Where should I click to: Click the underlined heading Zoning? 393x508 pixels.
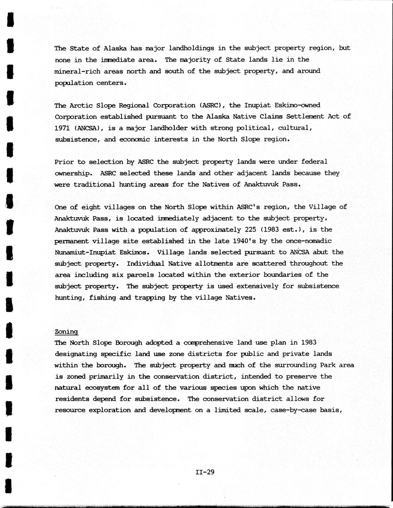click(66, 332)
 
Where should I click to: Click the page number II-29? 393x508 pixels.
click(205, 472)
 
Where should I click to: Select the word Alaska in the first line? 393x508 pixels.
click(115, 48)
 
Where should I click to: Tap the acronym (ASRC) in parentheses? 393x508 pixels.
click(212, 105)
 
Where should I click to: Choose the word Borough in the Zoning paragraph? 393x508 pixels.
click(129, 343)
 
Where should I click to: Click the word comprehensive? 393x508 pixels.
click(208, 343)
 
